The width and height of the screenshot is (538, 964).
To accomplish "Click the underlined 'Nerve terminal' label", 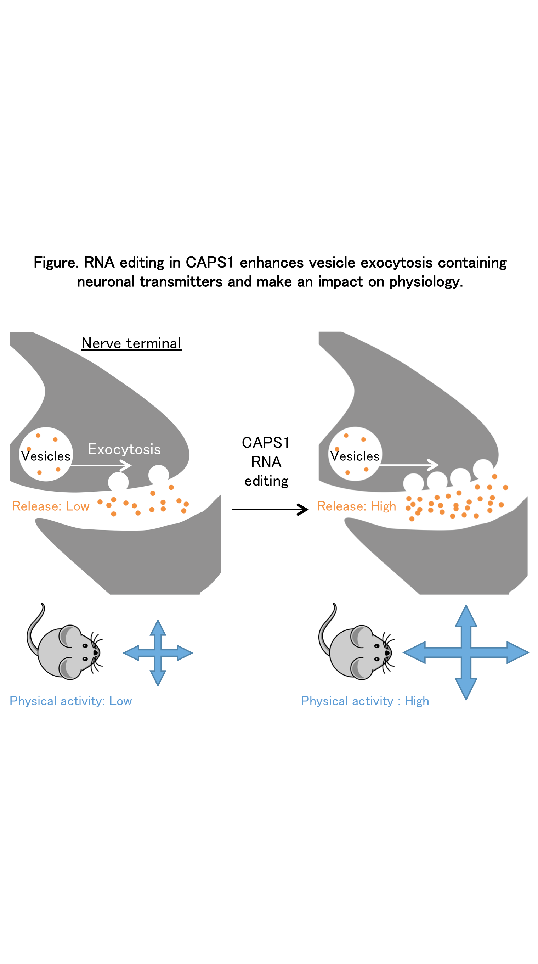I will pyautogui.click(x=131, y=343).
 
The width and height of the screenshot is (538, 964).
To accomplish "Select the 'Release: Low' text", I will pyautogui.click(x=51, y=506).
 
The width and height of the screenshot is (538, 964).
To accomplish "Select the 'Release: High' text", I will pyautogui.click(x=356, y=506).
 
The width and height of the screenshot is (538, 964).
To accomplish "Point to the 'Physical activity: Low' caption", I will pyautogui.click(x=71, y=701).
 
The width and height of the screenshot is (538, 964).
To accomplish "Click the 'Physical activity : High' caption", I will pyautogui.click(x=365, y=701).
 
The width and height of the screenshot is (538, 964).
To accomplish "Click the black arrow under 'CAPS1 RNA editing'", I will pyautogui.click(x=270, y=509).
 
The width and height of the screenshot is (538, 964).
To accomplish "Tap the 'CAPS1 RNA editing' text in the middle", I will pyautogui.click(x=266, y=462).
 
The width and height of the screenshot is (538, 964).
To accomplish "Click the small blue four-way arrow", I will pyautogui.click(x=158, y=653).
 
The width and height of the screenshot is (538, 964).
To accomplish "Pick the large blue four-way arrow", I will pyautogui.click(x=466, y=652).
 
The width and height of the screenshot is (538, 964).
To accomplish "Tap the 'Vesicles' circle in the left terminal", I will pyautogui.click(x=46, y=454).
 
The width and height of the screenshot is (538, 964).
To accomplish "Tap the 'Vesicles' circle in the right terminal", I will pyautogui.click(x=355, y=454).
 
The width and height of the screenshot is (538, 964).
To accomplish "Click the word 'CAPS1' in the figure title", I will pyautogui.click(x=210, y=262).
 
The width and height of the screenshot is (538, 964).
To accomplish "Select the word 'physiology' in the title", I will pyautogui.click(x=424, y=282).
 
